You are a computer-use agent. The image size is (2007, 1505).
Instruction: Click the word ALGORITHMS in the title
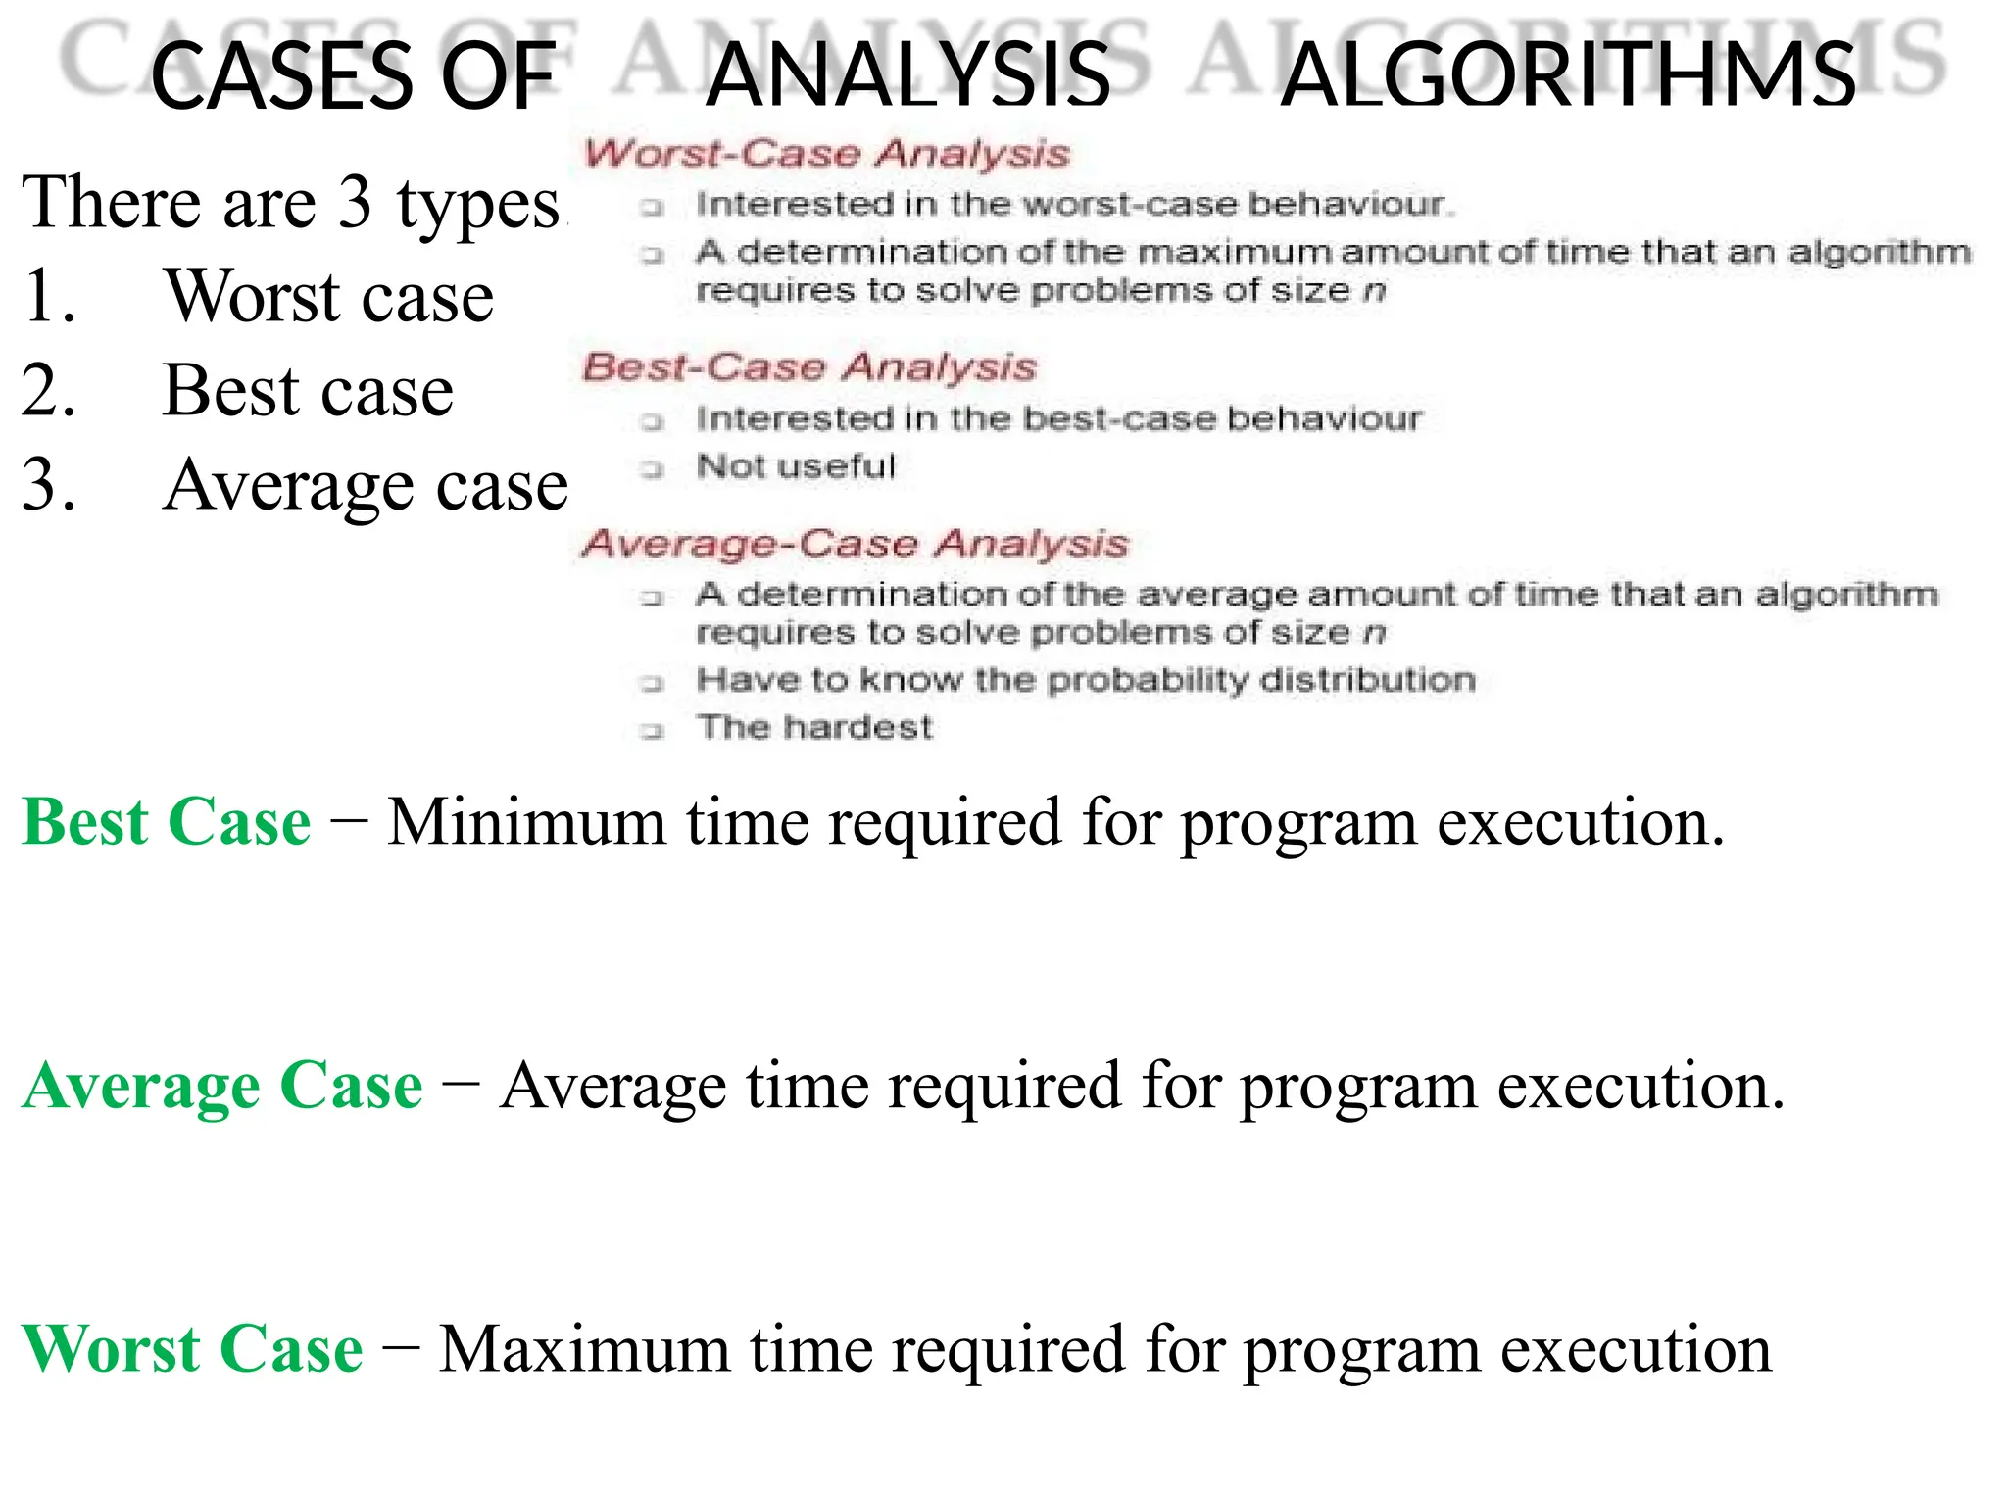point(1567,75)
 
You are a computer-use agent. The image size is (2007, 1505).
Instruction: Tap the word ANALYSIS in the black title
point(907,75)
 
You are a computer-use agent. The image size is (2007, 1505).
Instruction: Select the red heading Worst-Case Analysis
point(827,153)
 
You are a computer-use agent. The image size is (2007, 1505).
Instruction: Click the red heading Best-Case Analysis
point(809,366)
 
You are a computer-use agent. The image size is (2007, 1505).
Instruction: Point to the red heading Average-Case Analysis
point(855,543)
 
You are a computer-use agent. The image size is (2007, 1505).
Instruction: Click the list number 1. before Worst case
point(49,296)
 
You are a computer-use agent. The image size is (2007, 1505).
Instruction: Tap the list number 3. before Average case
point(49,484)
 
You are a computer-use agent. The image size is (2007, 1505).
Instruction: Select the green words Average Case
point(222,1086)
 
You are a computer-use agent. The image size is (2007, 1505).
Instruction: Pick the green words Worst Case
point(192,1349)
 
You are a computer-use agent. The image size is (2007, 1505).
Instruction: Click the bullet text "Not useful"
point(796,466)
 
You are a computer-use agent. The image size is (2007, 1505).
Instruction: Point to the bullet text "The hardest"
point(814,727)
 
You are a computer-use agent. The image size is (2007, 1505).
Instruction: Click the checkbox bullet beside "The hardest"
point(653,731)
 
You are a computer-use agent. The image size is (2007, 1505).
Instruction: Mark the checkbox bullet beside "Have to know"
point(653,683)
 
